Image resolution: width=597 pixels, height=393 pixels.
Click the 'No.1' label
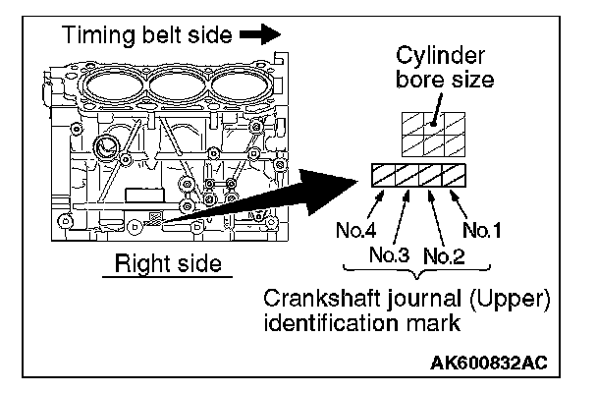coord(482,232)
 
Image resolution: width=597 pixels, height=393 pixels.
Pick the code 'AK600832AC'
coord(493,361)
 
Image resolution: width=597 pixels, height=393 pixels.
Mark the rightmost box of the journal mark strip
coord(453,177)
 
